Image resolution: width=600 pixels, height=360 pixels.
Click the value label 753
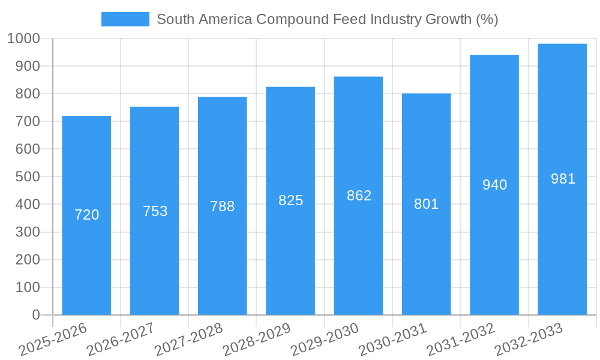click(x=155, y=211)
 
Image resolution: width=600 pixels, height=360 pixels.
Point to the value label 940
click(x=494, y=185)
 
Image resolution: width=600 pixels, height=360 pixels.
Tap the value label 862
click(x=359, y=196)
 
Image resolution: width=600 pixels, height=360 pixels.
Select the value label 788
click(x=223, y=206)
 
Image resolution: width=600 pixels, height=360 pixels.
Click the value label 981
click(x=563, y=179)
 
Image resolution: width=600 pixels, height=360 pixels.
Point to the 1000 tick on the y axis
click(x=23, y=38)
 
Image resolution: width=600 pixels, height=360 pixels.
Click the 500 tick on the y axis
click(x=28, y=177)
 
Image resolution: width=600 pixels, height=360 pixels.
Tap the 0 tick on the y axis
click(x=35, y=315)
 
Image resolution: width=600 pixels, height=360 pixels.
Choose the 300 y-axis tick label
click(x=28, y=232)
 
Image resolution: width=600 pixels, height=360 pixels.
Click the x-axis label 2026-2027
click(x=121, y=340)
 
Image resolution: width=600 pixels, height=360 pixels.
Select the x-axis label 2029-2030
click(x=325, y=340)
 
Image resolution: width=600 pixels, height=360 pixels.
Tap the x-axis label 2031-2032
click(x=461, y=340)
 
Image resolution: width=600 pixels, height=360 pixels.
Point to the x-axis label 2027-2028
click(x=188, y=340)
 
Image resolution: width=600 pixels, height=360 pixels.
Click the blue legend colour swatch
click(x=125, y=19)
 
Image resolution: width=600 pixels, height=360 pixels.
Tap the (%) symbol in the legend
click(x=487, y=19)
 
